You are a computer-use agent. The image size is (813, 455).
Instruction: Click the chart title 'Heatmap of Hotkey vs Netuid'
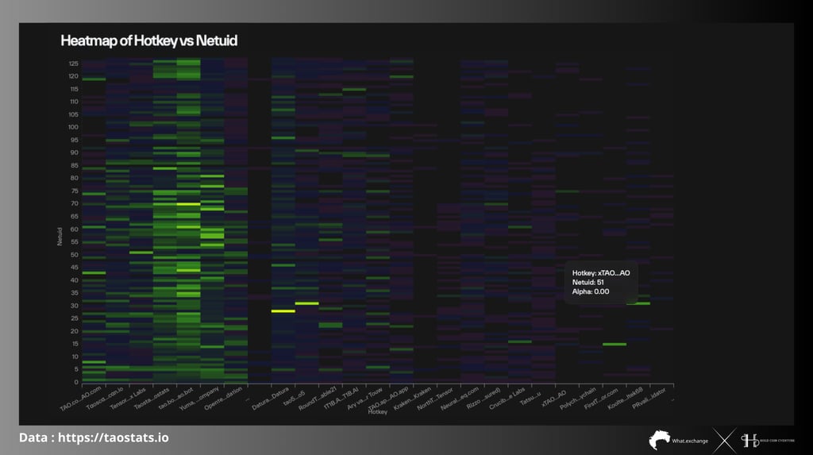(x=148, y=40)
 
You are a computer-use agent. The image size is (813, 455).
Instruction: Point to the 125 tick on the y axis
(x=73, y=63)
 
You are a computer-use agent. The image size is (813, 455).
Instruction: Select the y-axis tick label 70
(x=74, y=203)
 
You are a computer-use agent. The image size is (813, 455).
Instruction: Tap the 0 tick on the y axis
(x=76, y=382)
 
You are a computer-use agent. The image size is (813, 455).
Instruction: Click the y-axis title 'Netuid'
(x=60, y=234)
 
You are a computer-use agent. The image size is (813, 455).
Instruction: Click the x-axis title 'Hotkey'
(x=378, y=411)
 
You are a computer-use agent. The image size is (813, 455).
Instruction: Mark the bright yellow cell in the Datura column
(x=283, y=310)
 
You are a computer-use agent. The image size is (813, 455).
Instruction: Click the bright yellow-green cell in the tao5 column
(x=306, y=303)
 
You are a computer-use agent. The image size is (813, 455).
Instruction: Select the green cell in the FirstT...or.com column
(x=614, y=344)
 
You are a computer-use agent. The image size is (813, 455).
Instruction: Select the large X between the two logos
(x=722, y=439)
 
